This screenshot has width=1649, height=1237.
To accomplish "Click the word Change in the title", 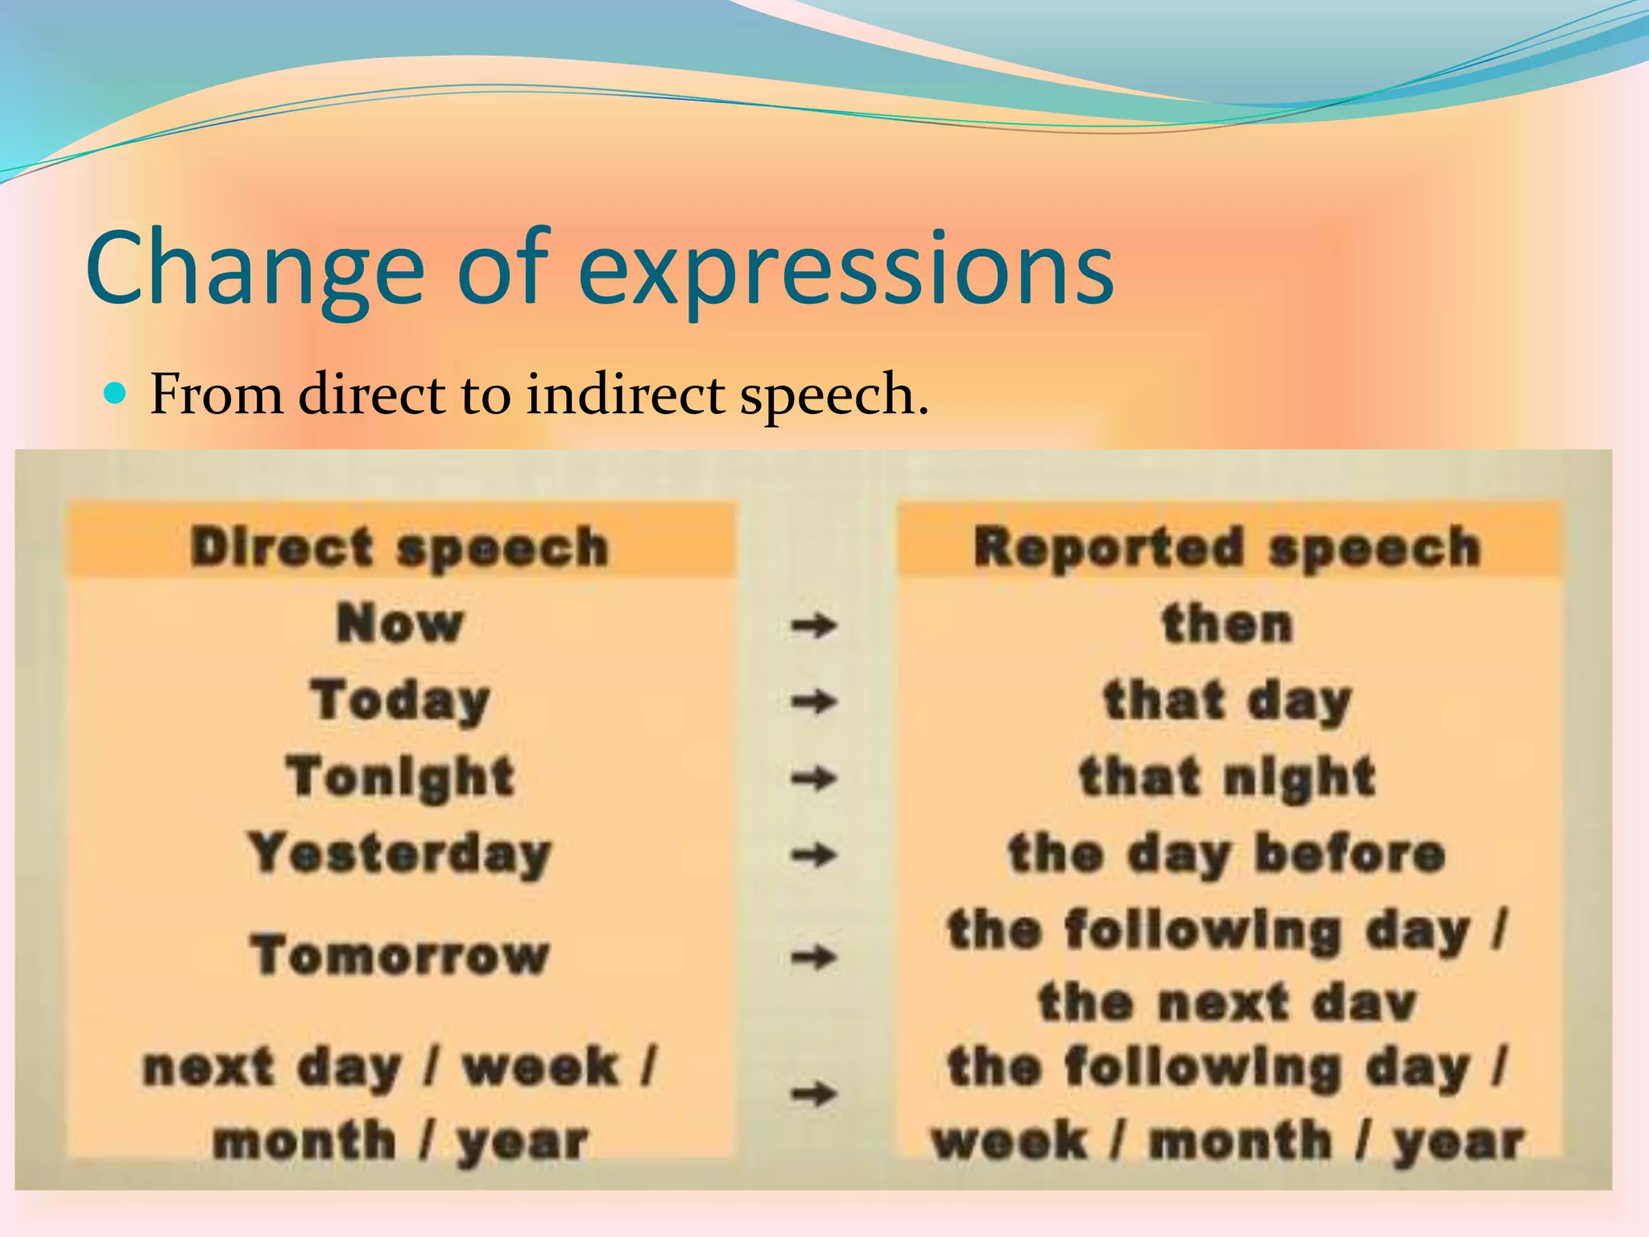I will click(254, 270).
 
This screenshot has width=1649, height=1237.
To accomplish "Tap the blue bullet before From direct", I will click(118, 394).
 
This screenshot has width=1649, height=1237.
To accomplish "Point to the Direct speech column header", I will click(399, 547).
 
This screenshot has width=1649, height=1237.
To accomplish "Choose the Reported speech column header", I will click(1227, 547).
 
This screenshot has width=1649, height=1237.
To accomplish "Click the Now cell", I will click(399, 624).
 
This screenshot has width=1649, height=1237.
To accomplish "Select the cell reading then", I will click(1227, 624).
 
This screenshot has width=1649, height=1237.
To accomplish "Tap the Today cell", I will click(399, 701).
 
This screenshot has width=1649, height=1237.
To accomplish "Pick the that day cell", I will click(1227, 701).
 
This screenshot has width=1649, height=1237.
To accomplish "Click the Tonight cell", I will click(399, 777).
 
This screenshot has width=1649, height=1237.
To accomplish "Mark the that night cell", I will click(1227, 777).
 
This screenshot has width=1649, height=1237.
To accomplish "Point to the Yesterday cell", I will click(399, 854).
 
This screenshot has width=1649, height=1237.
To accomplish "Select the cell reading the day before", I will click(1227, 854).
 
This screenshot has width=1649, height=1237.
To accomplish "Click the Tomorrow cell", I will click(399, 956).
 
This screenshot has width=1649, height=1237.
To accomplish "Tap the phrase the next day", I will click(1227, 1003).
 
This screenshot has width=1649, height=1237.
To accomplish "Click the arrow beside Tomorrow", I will click(813, 958).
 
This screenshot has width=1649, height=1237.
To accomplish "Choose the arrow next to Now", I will click(813, 625).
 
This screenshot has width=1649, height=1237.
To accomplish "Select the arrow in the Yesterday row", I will click(813, 854).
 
